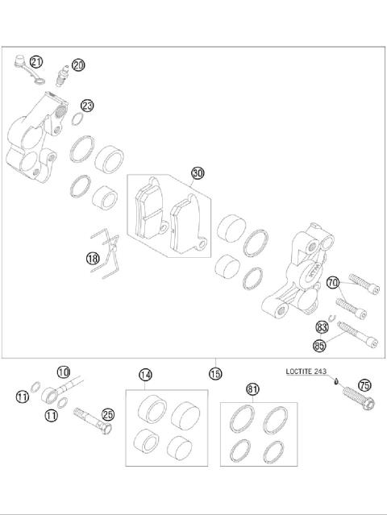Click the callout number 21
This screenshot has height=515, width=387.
tap(36, 61)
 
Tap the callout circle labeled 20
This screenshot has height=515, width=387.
tap(78, 65)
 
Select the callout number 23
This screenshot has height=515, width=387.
tap(87, 106)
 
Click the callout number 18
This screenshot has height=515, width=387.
tap(94, 258)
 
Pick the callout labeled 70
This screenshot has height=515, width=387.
tap(332, 282)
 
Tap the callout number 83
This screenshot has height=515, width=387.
tap(322, 327)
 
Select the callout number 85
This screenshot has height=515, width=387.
tap(319, 346)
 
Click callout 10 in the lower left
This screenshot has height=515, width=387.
tap(64, 372)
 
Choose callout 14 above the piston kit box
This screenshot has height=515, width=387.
tap(145, 375)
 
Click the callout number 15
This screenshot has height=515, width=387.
tap(214, 373)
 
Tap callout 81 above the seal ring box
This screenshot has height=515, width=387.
tap(253, 389)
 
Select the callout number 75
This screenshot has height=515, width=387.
tap(364, 385)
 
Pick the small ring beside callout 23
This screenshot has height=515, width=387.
tap(73, 121)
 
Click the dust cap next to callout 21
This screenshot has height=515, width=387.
tap(21, 59)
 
